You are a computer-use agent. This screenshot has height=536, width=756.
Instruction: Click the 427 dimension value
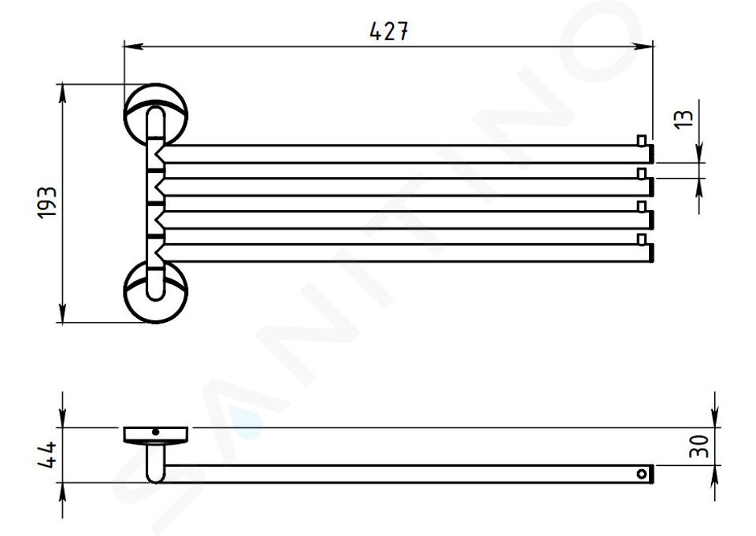[388, 31]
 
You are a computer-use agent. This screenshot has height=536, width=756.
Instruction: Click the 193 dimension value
[47, 202]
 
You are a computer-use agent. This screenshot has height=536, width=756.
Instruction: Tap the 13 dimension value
[684, 119]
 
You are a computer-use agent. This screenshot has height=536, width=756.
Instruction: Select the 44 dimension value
[47, 455]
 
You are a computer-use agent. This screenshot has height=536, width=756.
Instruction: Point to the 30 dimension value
[699, 447]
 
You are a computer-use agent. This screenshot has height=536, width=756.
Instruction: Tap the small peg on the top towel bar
[641, 140]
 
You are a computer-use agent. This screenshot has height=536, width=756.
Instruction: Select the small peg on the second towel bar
[641, 173]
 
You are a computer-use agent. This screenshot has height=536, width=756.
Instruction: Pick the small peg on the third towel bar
[641, 206]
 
